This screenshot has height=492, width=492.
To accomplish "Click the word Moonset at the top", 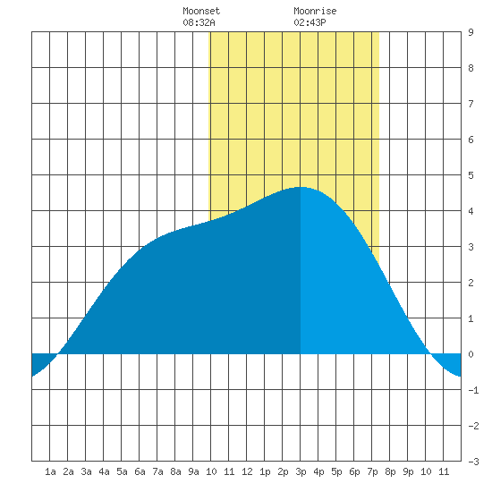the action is (201, 11).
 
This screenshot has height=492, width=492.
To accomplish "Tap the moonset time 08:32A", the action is (199, 22).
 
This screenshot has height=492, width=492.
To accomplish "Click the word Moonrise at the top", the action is (315, 11).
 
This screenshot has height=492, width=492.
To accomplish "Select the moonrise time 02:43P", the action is (310, 22).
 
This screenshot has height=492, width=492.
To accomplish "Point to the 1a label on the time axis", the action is (50, 471).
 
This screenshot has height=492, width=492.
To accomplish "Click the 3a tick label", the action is (86, 471).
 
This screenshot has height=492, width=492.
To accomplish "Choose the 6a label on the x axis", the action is (140, 471).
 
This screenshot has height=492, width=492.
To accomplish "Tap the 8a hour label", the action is (175, 471).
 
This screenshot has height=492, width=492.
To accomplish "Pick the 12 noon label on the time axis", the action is (247, 471).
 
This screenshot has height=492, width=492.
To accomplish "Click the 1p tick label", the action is (265, 471).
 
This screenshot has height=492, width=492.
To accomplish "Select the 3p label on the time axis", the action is (301, 471).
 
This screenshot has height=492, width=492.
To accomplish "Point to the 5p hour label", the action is (336, 471).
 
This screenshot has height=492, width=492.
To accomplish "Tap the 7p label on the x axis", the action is (372, 471).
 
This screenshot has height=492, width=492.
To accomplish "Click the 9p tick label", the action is (408, 471).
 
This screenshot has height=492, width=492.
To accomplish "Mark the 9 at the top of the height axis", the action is (471, 32).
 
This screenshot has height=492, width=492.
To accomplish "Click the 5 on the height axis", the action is (471, 175).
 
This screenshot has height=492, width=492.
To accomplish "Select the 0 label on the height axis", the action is (471, 354).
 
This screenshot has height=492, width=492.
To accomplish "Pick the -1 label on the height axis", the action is (473, 390).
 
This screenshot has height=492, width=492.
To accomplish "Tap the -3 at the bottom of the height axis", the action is (473, 462).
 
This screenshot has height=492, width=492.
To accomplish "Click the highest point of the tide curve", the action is (301, 187).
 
